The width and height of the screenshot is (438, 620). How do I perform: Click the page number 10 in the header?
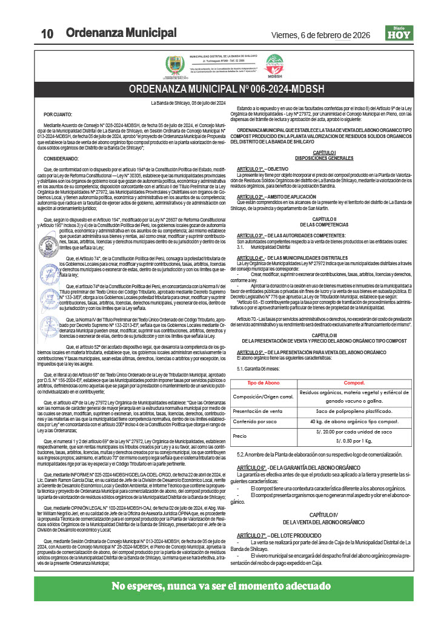48,34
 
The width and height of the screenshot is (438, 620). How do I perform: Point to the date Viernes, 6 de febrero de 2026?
320,35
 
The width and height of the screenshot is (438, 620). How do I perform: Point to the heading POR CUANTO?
58,114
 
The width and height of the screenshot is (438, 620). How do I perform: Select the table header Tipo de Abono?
264,383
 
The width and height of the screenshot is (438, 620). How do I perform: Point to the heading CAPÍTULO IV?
323,514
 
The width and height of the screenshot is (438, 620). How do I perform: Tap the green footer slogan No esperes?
219,585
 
